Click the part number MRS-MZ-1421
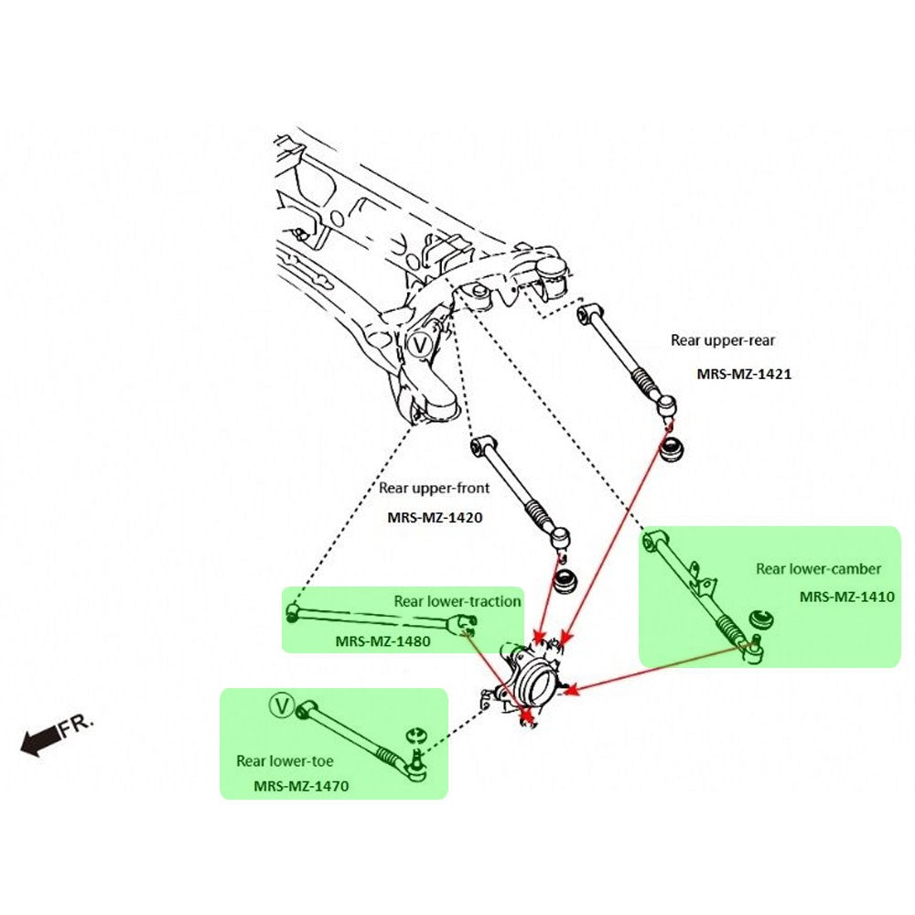pos(744,374)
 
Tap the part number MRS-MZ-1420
pos(435,517)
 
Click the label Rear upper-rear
pos(723,340)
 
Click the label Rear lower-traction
pos(457,601)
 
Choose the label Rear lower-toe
pos(285,760)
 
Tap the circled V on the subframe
pos(420,344)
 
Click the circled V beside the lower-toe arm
pos(282,705)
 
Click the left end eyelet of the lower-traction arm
pos(293,611)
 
